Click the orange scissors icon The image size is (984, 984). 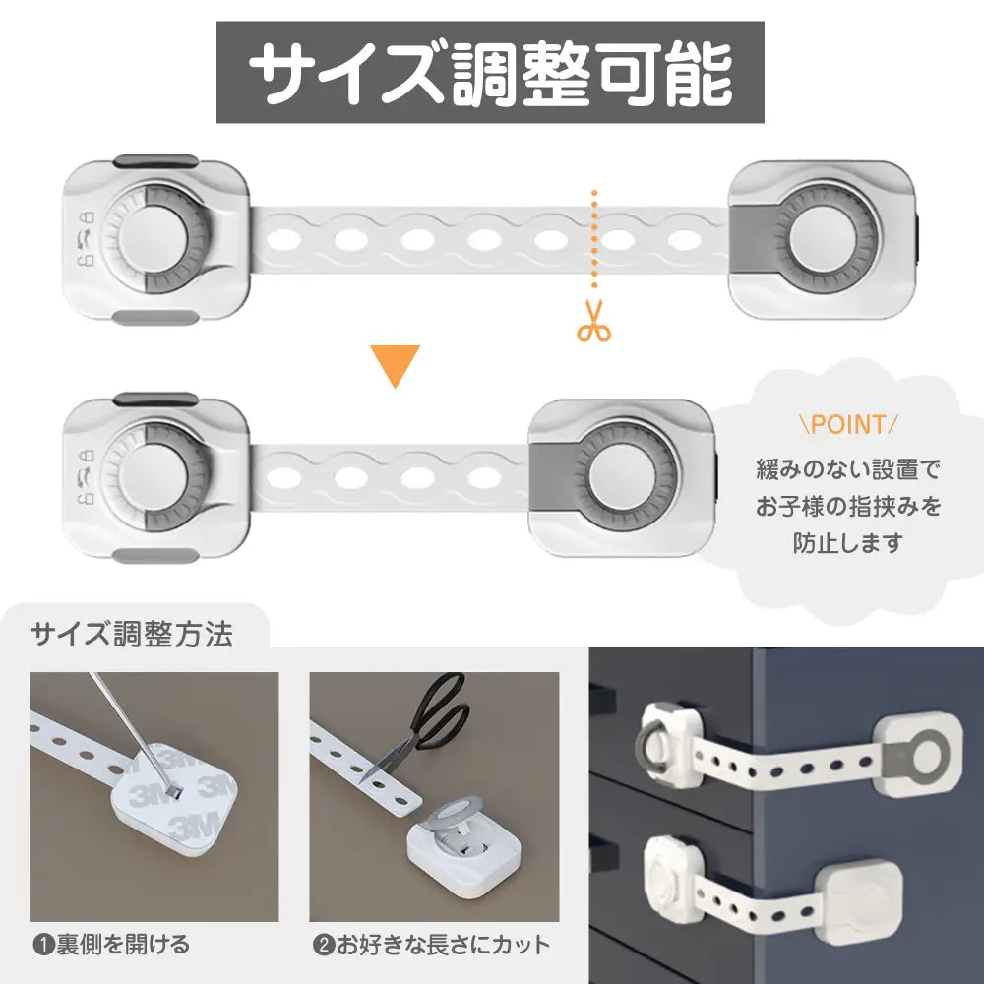[x=593, y=321]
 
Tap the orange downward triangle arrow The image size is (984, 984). [x=395, y=365]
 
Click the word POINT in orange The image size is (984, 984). [x=848, y=424]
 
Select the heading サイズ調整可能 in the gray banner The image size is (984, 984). [x=490, y=73]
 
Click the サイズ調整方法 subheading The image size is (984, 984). [x=132, y=634]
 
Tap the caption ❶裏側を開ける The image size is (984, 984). [x=111, y=945]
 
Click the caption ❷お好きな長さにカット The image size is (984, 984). [x=431, y=945]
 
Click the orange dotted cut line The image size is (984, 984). [x=593, y=239]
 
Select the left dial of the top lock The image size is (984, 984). [x=154, y=239]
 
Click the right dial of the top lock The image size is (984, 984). [x=824, y=239]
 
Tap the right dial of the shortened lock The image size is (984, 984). [x=624, y=477]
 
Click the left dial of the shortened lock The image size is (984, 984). [x=154, y=477]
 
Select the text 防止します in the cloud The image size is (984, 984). [x=848, y=543]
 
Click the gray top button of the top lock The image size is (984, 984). [x=155, y=160]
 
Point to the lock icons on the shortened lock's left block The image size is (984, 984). [x=86, y=477]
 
